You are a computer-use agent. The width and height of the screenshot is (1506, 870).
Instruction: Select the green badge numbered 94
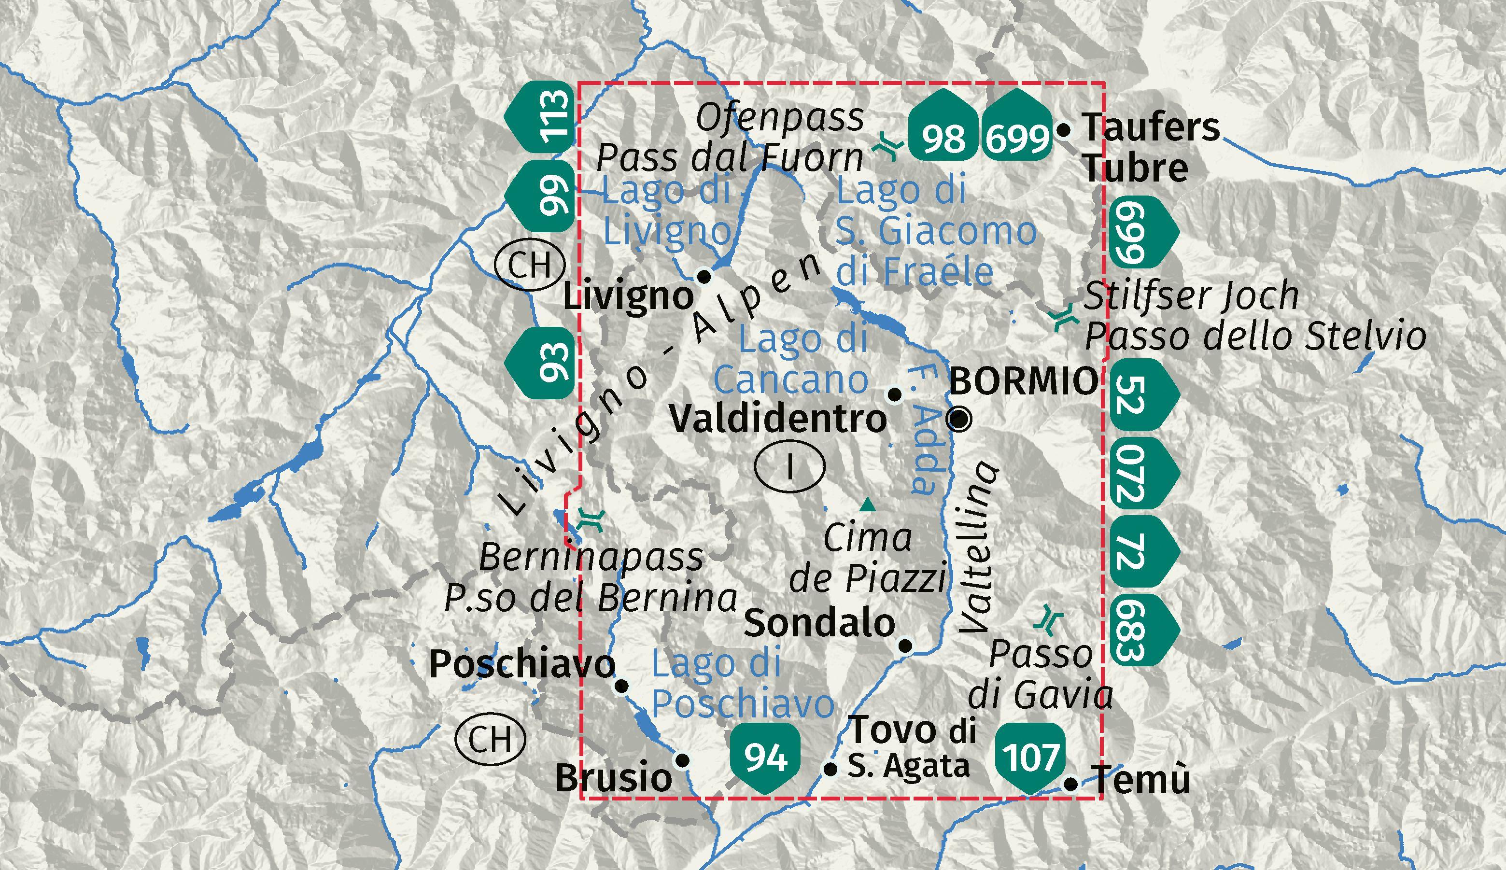(x=765, y=757)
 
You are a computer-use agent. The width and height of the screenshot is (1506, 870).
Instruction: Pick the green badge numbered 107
(x=1031, y=757)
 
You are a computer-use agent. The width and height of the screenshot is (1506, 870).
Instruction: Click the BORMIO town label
(x=1023, y=380)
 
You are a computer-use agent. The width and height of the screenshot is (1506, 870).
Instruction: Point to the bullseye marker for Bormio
(x=960, y=419)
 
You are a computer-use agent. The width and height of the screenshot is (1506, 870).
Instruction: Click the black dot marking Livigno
(x=704, y=277)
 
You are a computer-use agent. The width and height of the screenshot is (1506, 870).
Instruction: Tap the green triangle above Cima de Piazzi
(x=867, y=505)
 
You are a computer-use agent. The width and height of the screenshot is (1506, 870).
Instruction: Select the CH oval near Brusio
(x=490, y=740)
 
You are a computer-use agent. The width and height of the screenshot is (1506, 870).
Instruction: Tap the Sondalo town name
(x=819, y=623)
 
